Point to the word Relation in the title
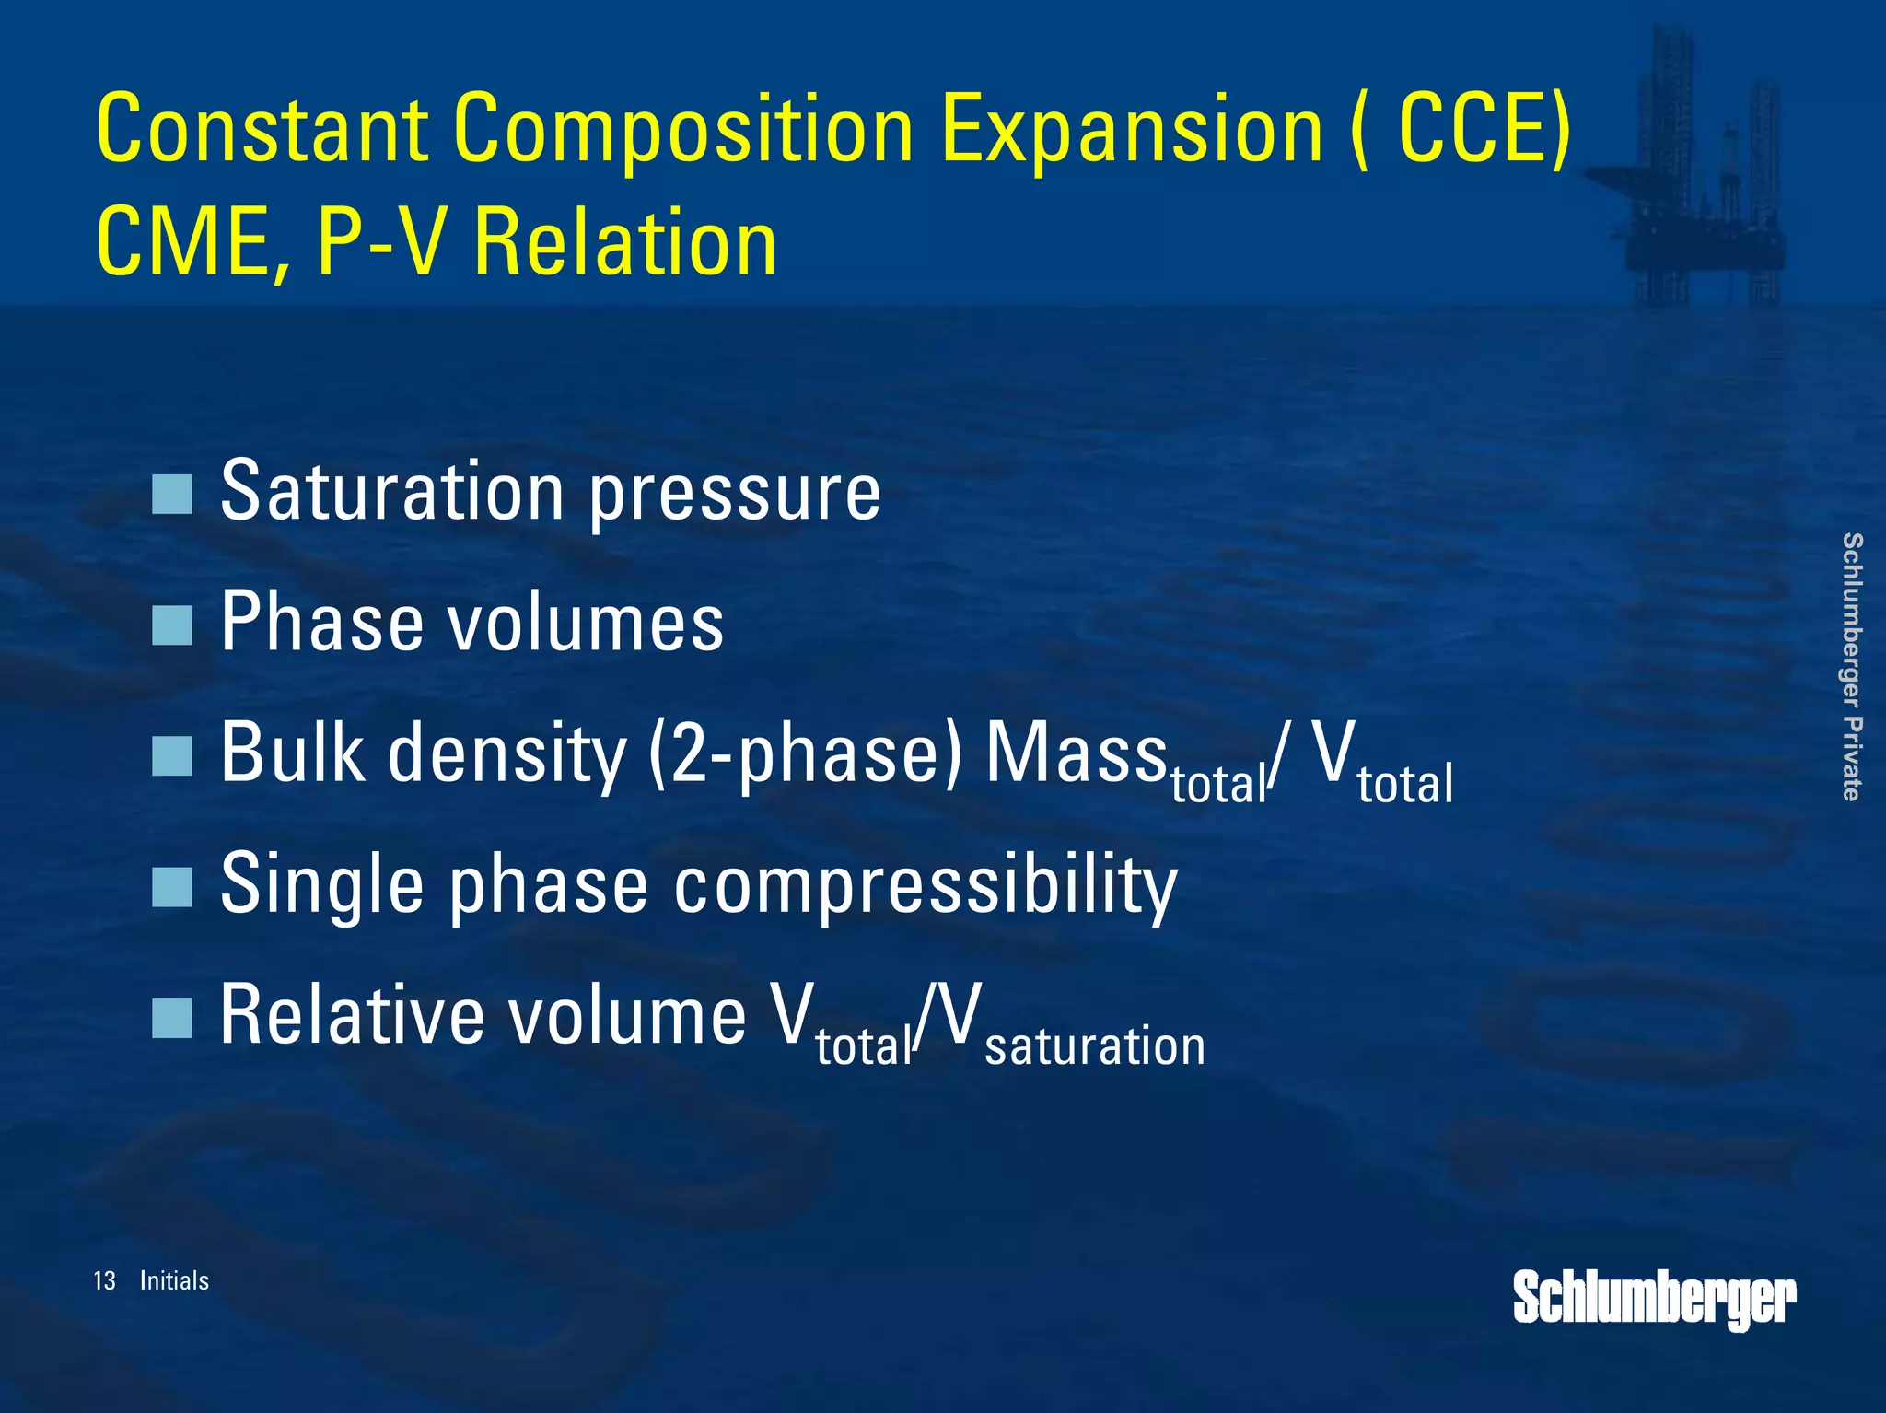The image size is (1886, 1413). (x=625, y=242)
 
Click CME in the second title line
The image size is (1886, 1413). (x=193, y=242)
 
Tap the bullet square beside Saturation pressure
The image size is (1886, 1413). (x=171, y=495)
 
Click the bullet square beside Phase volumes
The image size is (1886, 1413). (x=171, y=625)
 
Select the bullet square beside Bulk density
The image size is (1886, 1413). (x=171, y=756)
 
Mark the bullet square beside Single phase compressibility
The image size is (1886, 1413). (x=171, y=887)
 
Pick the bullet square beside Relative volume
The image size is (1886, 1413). (x=171, y=1018)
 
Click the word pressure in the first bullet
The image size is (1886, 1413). (x=734, y=495)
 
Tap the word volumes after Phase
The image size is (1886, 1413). (x=586, y=624)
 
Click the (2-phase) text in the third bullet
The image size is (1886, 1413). (x=805, y=754)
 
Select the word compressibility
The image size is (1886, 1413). (x=926, y=885)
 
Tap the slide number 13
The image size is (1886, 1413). (x=104, y=1280)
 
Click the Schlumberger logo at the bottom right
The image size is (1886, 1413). (x=1654, y=1299)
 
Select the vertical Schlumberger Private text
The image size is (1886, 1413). (x=1852, y=666)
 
